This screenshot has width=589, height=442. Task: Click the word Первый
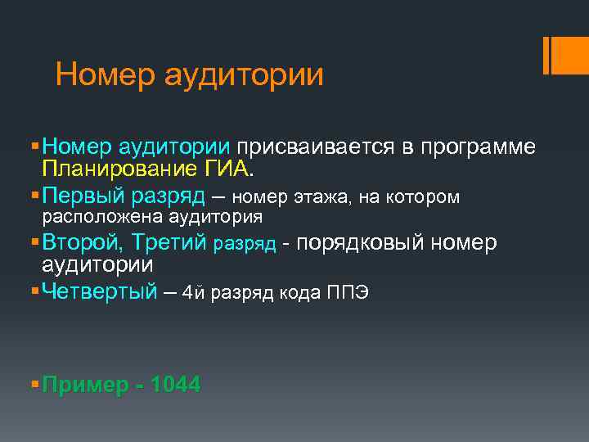(81, 196)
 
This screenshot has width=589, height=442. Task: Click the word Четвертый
(99, 292)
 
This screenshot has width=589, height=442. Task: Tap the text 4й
(193, 293)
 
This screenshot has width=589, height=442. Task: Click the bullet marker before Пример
(33, 385)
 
